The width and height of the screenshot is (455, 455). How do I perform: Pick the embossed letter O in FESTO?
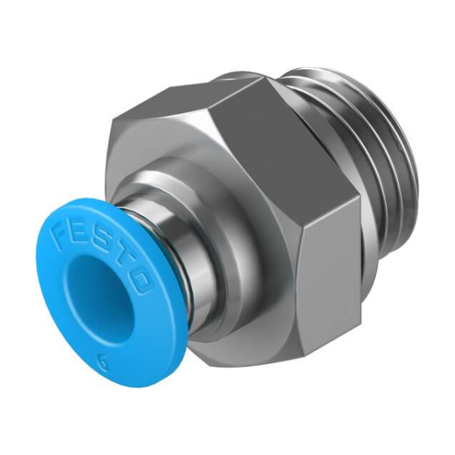[x=141, y=280]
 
